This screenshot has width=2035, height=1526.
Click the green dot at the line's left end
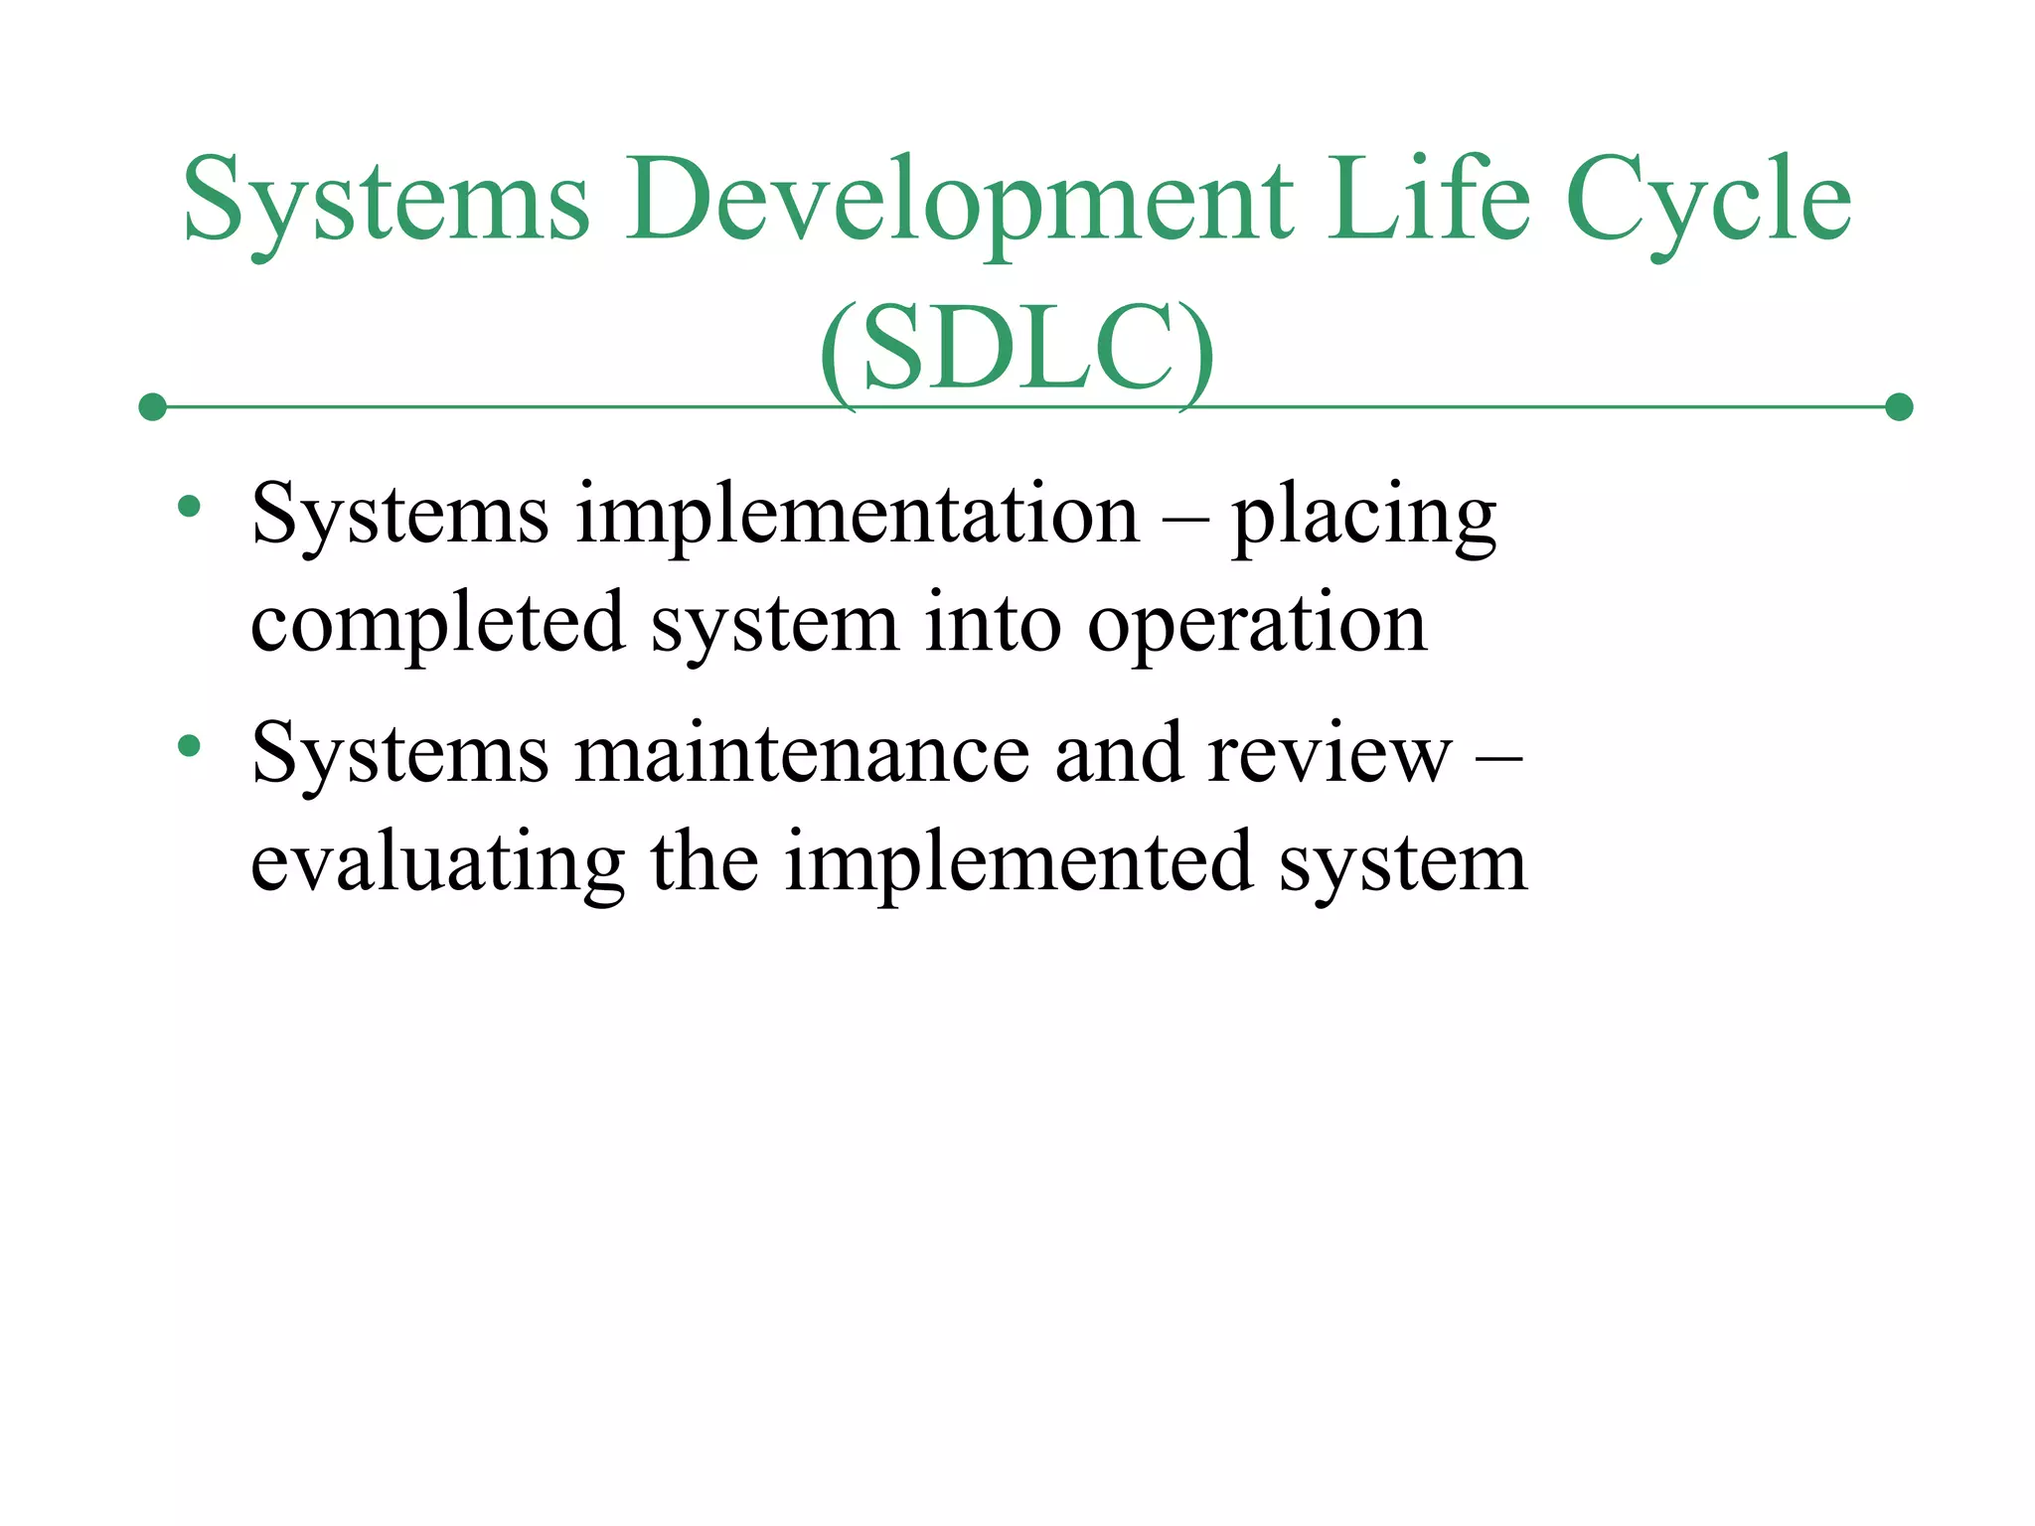(x=152, y=407)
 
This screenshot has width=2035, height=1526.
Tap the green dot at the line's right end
(x=1899, y=407)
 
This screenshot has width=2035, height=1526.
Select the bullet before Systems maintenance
(x=189, y=746)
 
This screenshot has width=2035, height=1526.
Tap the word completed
(x=438, y=624)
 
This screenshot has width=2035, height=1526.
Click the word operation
(x=1257, y=624)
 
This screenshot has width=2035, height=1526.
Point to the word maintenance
(x=802, y=754)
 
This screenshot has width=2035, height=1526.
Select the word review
(x=1330, y=754)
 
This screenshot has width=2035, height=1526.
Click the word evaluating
(x=438, y=862)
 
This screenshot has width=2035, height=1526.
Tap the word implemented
(x=1018, y=862)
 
